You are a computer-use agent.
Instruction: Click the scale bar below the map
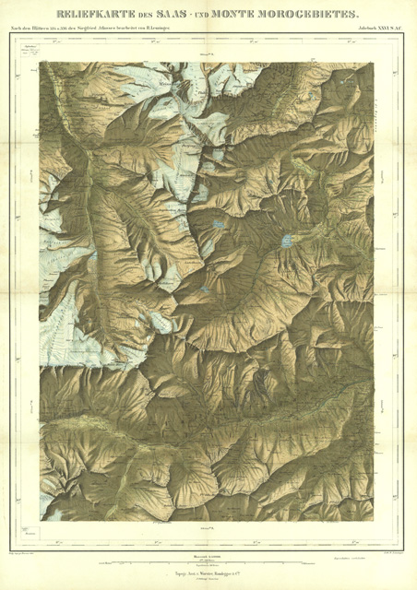[208, 560]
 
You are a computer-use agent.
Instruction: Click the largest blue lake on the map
[288, 242]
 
